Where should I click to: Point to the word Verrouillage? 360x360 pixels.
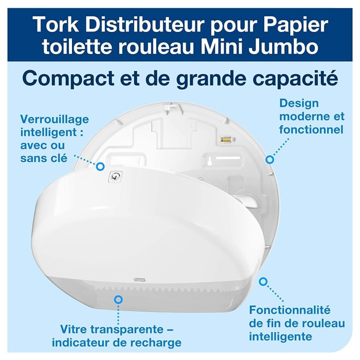tap(54, 120)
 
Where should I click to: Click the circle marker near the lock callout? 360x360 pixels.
tap(100, 166)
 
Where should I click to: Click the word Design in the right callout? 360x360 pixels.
tap(299, 104)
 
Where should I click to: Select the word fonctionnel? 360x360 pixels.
tap(311, 130)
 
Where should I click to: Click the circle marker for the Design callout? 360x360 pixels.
tap(270, 159)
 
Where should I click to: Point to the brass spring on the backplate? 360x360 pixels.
tap(225, 139)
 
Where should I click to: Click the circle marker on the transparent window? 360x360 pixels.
tap(118, 299)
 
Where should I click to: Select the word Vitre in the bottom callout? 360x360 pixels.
tap(73, 329)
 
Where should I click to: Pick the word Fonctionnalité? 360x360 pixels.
tap(290, 310)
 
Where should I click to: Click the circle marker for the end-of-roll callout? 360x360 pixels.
tap(263, 282)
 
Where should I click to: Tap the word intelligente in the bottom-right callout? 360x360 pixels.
tap(280, 337)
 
